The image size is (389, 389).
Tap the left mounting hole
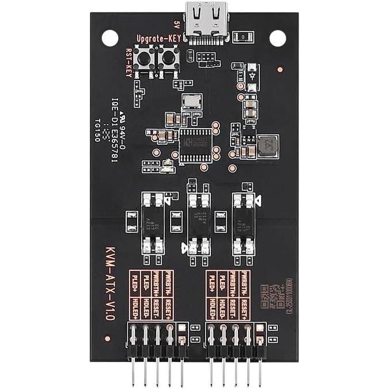(109, 38)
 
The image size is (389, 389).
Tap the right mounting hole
(278, 38)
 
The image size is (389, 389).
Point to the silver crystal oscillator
(190, 102)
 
